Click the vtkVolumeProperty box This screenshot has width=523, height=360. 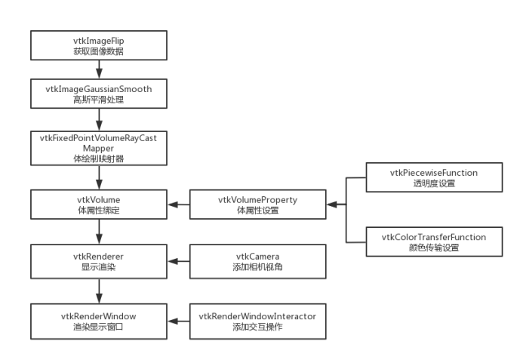tap(257, 204)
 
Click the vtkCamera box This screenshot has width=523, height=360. tap(257, 261)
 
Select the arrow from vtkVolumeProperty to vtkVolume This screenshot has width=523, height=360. tap(180, 204)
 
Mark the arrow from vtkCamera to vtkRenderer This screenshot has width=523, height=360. tap(180, 261)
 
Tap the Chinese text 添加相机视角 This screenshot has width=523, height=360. tap(257, 267)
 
